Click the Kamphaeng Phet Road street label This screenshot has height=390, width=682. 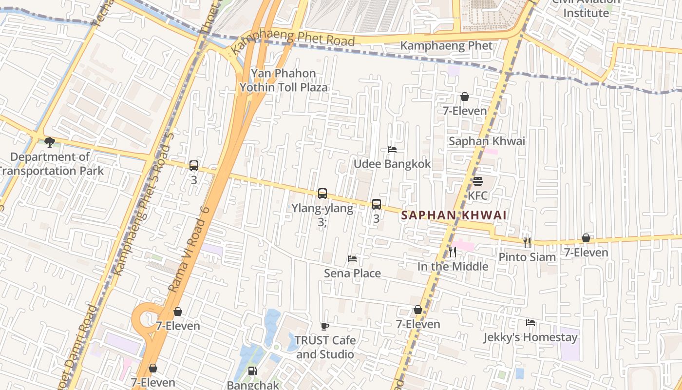tap(292, 39)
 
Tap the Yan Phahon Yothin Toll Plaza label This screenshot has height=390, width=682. tap(283, 80)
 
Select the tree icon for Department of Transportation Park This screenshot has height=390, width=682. tap(49, 142)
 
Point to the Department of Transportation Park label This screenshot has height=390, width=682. tap(51, 164)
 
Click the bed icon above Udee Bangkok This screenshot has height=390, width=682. tap(392, 150)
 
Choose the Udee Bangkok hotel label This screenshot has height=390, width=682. tap(392, 164)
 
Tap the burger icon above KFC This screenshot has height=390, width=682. tap(477, 181)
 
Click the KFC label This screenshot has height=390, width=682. tap(477, 195)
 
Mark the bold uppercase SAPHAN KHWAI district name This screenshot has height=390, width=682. tap(454, 215)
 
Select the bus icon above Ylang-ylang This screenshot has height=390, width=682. tap(322, 194)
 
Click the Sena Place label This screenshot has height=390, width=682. tap(352, 273)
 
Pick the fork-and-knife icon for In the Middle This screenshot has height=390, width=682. tap(453, 252)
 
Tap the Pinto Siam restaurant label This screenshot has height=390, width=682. tap(527, 257)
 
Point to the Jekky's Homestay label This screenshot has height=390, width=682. tap(530, 337)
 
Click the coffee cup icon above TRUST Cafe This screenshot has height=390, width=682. tap(325, 326)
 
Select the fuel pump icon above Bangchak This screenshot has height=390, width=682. tap(252, 371)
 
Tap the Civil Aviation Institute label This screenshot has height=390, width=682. tap(586, 8)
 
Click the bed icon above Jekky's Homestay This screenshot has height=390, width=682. tap(530, 323)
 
